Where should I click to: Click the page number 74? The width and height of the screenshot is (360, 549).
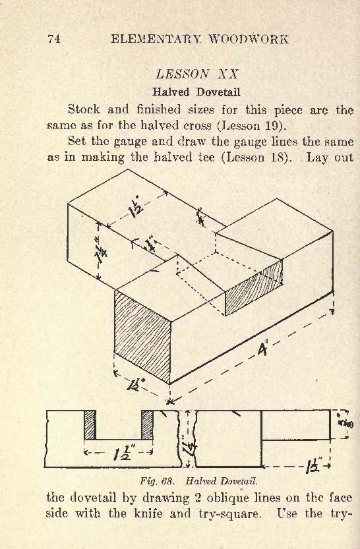[x=54, y=39]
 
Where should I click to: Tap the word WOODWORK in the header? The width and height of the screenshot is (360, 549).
[x=249, y=39]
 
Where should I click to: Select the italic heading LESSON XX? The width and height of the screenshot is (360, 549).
[x=196, y=74]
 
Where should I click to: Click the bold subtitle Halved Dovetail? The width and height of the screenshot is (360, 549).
[x=196, y=92]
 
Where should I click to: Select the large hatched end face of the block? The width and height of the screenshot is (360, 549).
[x=142, y=337]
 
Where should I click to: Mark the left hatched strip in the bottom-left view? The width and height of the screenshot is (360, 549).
[x=90, y=424]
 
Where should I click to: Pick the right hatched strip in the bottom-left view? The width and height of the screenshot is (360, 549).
[x=147, y=424]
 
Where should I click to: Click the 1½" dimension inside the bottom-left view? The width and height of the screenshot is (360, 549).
[x=122, y=453]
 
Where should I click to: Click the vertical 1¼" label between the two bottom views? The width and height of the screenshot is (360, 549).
[x=191, y=448]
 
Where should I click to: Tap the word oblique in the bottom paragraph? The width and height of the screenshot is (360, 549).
[x=226, y=498]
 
